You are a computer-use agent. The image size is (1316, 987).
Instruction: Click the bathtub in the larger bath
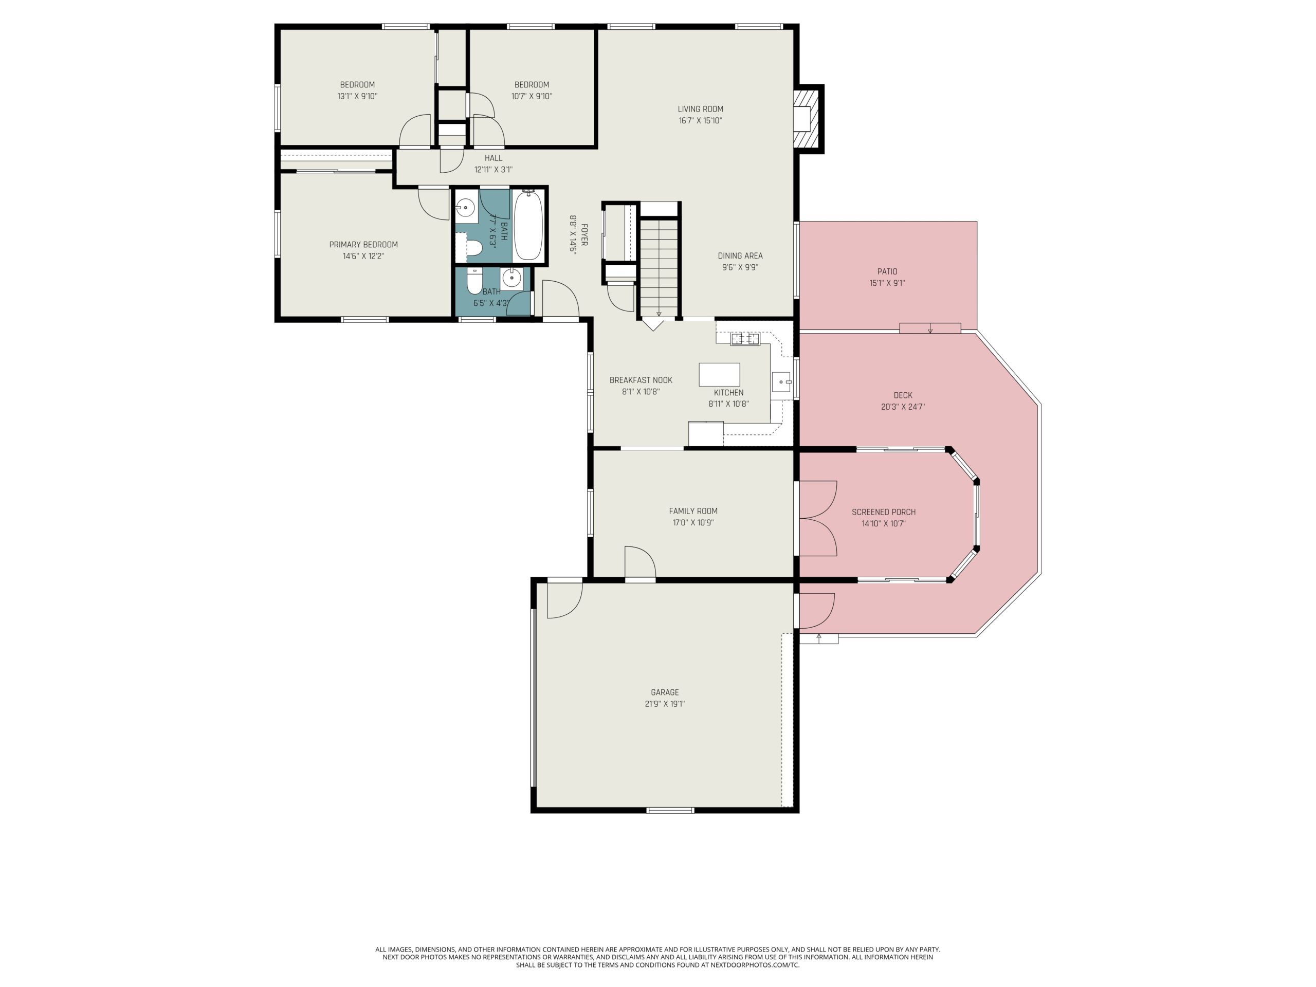click(528, 224)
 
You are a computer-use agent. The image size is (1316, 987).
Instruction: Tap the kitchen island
click(719, 375)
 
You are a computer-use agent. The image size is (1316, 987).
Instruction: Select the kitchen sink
click(781, 381)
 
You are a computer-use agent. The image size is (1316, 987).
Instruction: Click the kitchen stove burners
click(745, 339)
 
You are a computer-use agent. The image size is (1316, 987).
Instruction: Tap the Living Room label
click(700, 109)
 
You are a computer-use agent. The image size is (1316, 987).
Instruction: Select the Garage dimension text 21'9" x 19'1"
click(665, 704)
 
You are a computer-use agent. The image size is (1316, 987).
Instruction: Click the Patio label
click(887, 271)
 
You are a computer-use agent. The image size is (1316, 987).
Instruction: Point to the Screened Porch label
click(884, 511)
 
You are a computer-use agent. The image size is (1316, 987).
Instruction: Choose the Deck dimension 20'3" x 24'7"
click(903, 407)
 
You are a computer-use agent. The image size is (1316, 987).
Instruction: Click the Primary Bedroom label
click(363, 245)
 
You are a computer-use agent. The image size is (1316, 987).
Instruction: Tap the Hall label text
click(493, 158)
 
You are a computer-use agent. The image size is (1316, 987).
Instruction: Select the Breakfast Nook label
click(641, 380)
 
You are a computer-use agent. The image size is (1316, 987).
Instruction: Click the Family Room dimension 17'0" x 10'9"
click(693, 523)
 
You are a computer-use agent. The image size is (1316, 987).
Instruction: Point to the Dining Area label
click(740, 256)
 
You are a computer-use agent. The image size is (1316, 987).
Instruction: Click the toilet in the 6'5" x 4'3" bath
click(474, 281)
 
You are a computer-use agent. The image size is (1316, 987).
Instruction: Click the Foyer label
click(584, 235)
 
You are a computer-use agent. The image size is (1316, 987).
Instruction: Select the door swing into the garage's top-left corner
click(564, 600)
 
